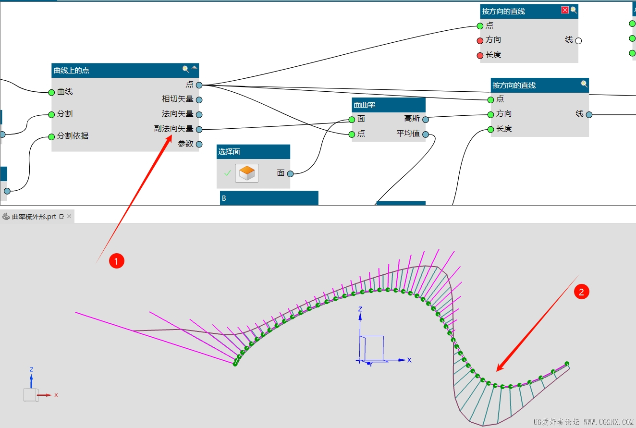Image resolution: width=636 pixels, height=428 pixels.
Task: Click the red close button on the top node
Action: tap(565, 10)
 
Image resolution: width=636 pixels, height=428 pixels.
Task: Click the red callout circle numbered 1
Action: tap(117, 261)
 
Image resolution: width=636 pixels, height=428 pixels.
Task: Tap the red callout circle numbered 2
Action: tap(582, 292)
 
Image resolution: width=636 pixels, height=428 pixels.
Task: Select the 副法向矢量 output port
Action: tap(199, 130)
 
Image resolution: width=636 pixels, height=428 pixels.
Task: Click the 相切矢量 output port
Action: tap(199, 100)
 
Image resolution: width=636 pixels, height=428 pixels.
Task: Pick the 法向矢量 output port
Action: tap(199, 115)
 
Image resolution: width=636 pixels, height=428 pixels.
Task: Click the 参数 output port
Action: tap(199, 144)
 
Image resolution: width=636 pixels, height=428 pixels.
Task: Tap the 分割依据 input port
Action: tap(51, 137)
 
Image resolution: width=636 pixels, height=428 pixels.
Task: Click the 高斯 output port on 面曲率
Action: tap(425, 120)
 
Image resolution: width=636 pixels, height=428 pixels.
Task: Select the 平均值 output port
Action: tap(425, 135)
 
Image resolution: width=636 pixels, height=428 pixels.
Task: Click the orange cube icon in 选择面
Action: tap(247, 173)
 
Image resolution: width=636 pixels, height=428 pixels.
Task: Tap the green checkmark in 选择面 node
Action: tap(227, 172)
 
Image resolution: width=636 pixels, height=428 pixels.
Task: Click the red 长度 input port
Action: tap(480, 55)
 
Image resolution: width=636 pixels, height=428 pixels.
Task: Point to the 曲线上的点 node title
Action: tap(71, 71)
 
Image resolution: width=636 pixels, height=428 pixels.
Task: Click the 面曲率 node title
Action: tap(365, 105)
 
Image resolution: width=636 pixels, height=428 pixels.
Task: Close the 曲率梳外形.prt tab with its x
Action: tap(69, 216)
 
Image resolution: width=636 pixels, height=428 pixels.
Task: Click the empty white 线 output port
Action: tap(578, 41)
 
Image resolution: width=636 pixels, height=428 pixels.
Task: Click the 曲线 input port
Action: tap(51, 92)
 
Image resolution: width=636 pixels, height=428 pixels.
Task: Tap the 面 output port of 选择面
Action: tap(290, 174)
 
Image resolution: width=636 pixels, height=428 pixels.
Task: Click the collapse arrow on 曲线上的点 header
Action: tap(195, 68)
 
